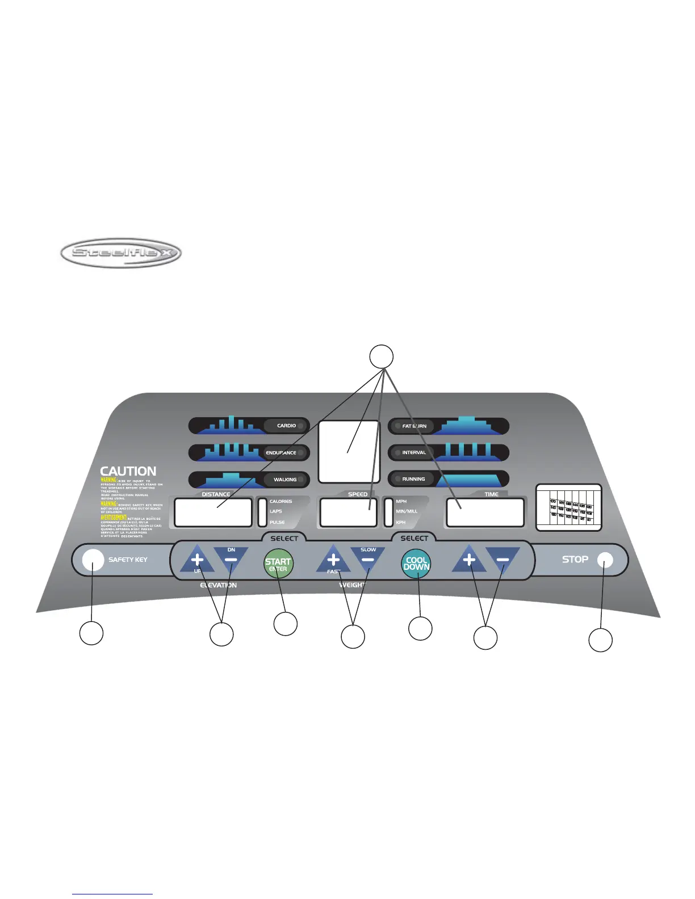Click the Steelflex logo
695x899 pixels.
(x=120, y=253)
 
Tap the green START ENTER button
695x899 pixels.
(x=278, y=564)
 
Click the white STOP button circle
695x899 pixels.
(x=605, y=560)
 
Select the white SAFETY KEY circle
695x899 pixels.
(x=93, y=560)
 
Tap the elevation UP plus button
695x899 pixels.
(x=197, y=560)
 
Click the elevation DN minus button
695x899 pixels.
(x=231, y=559)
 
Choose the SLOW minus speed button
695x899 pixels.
(x=368, y=559)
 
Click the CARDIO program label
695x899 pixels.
(x=286, y=426)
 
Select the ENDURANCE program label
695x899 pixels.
(x=281, y=453)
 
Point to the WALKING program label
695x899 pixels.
(x=285, y=480)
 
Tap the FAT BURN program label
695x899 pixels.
(x=414, y=426)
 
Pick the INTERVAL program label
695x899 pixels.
(x=414, y=453)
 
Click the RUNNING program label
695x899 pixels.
(x=413, y=479)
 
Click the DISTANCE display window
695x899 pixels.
(x=213, y=512)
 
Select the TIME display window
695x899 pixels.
(x=485, y=512)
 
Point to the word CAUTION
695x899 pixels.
(x=128, y=471)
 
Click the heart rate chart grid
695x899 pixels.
(x=569, y=507)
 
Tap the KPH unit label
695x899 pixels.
(x=401, y=522)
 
